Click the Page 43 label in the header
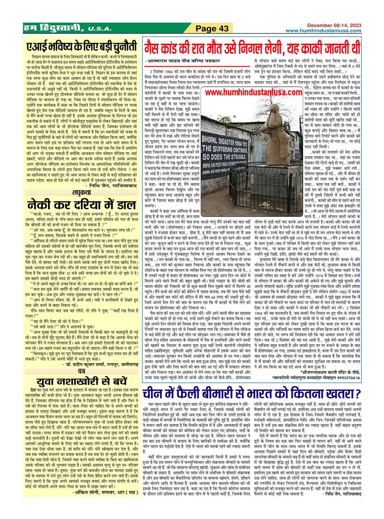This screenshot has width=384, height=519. pos(212,28)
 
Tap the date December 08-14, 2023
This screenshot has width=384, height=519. pos(334,25)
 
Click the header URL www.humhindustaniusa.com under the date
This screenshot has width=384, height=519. pos(323,30)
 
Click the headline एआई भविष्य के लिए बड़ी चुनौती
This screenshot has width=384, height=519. pos(82,46)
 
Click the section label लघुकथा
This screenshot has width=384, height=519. pos(81,192)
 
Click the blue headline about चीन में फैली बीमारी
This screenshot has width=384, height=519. pos(252,394)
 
